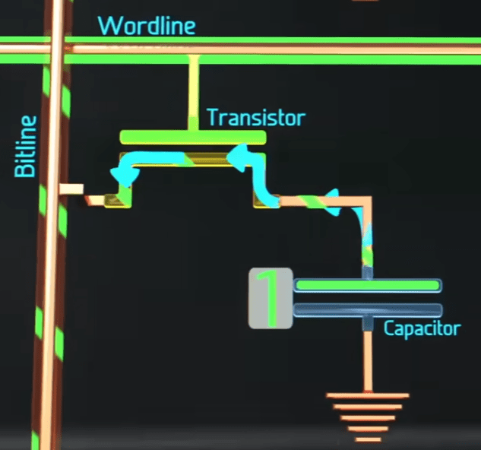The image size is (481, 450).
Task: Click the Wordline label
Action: [147, 25]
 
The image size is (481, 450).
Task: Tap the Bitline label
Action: [26, 146]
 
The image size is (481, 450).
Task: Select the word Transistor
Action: [255, 118]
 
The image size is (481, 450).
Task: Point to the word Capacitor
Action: [422, 329]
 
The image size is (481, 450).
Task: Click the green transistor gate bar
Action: [193, 138]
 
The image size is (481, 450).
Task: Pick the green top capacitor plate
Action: [367, 285]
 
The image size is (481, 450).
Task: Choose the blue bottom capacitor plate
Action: [367, 309]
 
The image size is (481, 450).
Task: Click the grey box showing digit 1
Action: [271, 299]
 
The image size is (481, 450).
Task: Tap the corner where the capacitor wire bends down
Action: [366, 202]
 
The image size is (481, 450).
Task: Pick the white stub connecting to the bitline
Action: [72, 189]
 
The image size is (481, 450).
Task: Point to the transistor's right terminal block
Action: [264, 200]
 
